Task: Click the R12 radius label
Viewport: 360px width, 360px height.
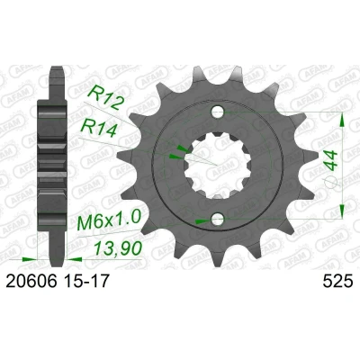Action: click(105, 98)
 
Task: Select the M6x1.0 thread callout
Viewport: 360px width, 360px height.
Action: click(109, 220)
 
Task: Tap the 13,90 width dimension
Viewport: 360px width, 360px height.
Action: click(118, 247)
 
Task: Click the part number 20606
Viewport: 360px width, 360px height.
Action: click(31, 282)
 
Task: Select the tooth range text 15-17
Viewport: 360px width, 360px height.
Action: click(85, 282)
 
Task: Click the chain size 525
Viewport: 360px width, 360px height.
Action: click(337, 282)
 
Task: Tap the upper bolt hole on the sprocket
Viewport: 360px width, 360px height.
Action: click(218, 112)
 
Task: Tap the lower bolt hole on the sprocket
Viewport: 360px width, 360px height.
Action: click(218, 220)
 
